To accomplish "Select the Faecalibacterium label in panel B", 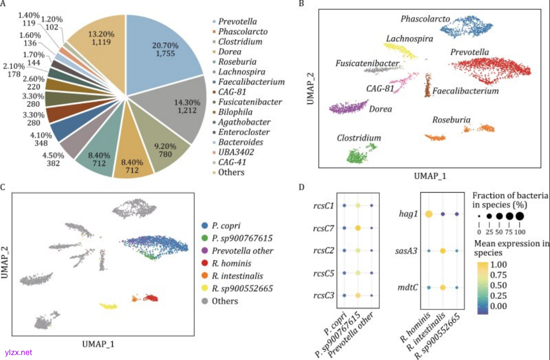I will tap(465, 91).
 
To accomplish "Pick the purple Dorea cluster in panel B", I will tap(347, 107).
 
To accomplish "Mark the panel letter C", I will tap(3, 186).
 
